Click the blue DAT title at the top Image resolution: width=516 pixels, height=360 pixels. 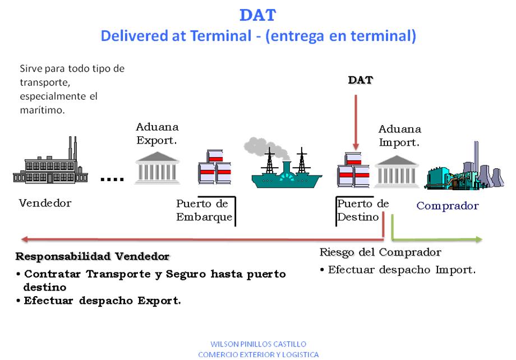258,15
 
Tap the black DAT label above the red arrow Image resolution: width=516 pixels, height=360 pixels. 361,80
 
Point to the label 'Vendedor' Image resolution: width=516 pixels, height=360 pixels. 45,203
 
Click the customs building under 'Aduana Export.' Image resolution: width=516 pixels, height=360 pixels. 156,168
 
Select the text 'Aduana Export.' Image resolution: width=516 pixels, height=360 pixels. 157,135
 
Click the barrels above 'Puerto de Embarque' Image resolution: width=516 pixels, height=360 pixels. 214,169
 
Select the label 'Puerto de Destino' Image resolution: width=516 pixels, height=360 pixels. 362,210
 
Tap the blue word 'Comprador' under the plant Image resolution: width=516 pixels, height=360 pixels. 448,206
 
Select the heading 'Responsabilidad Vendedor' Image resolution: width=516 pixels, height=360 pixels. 92,257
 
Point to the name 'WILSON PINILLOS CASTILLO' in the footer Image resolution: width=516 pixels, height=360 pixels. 258,344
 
